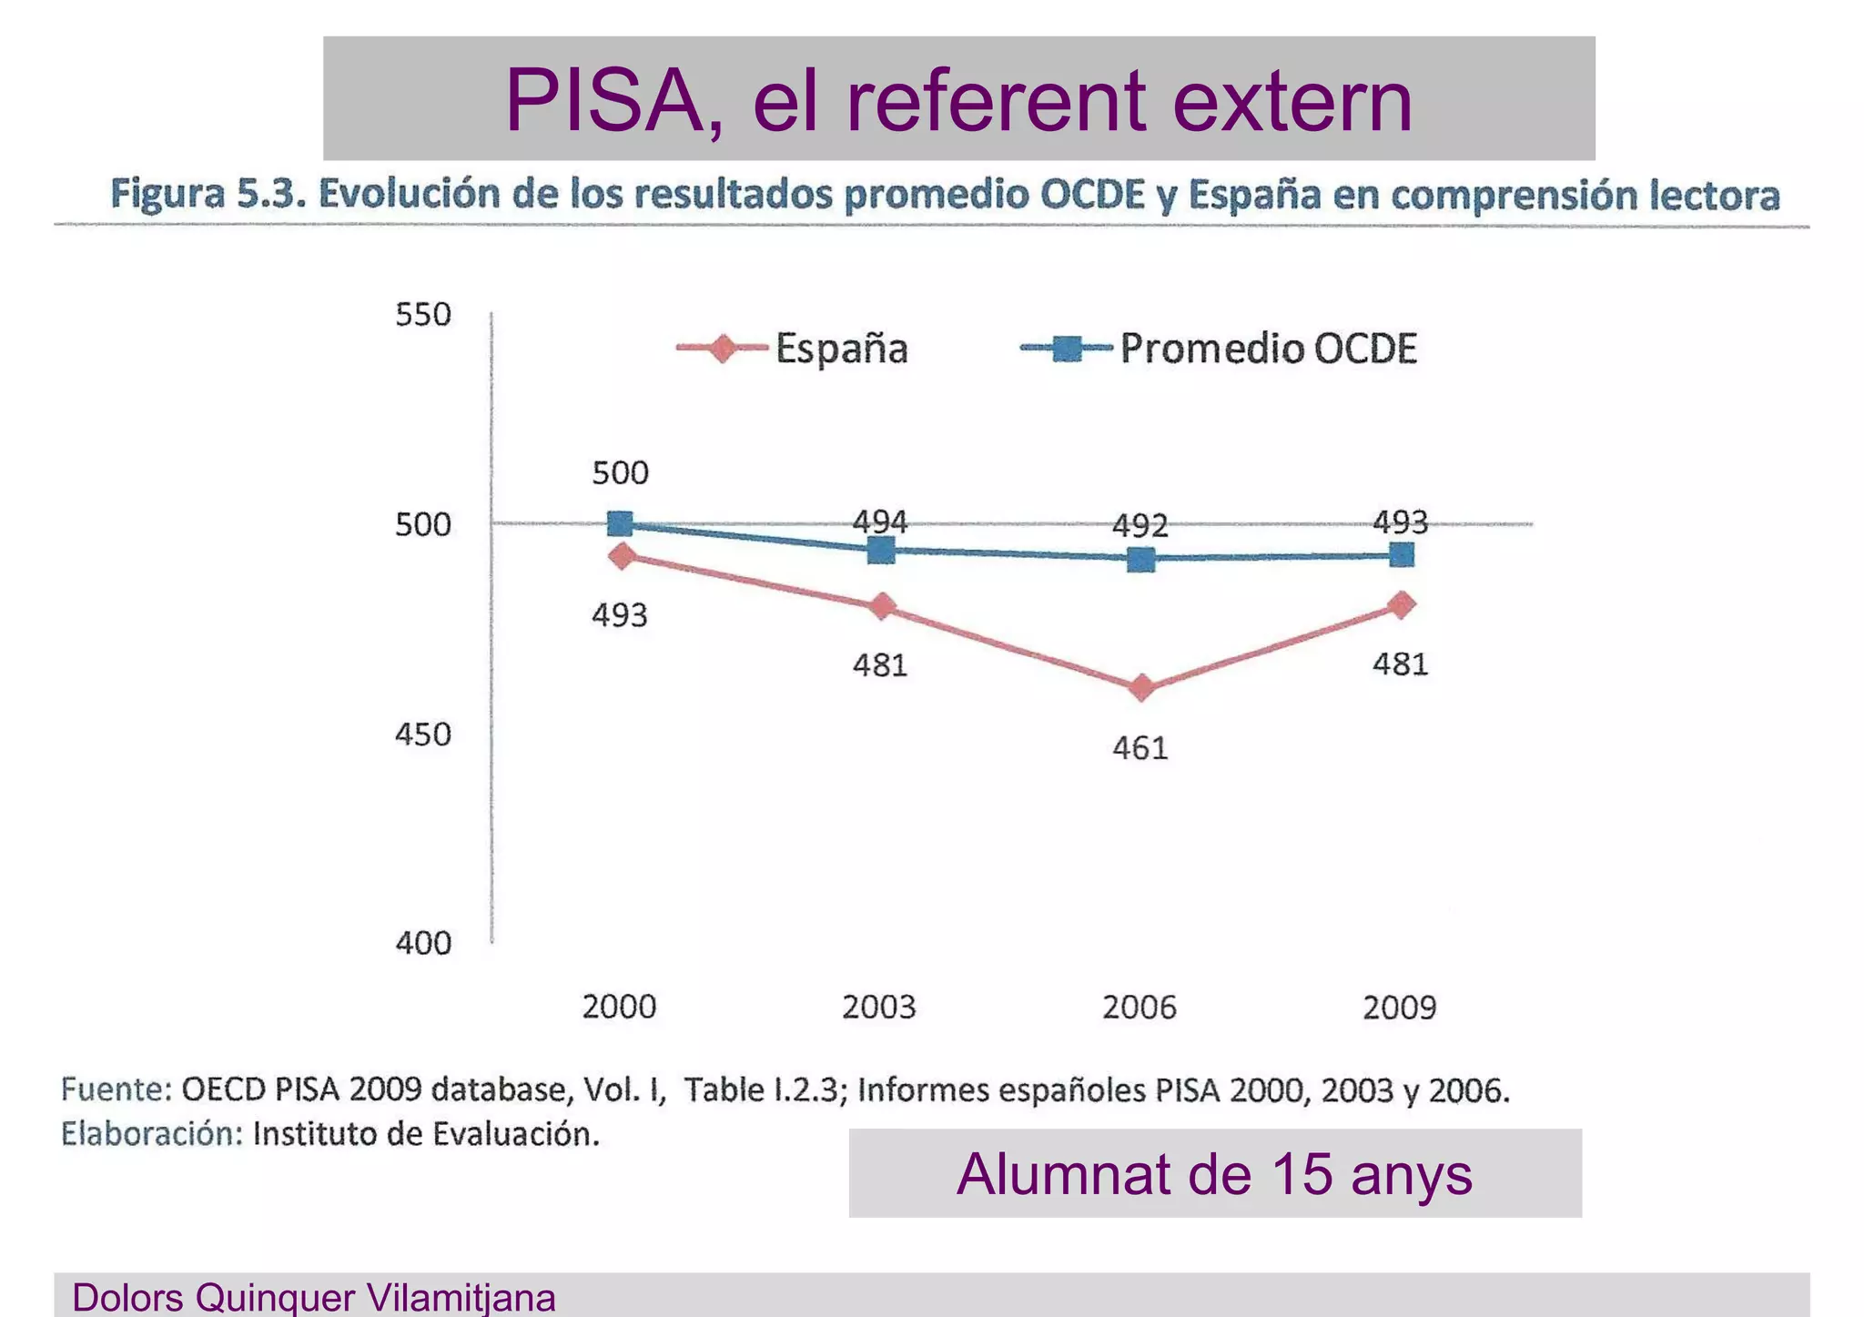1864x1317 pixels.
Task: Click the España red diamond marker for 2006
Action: (x=1141, y=688)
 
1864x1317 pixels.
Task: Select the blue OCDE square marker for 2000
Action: (x=620, y=524)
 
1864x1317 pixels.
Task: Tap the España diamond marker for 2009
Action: (x=1402, y=604)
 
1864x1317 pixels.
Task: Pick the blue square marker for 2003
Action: (x=881, y=550)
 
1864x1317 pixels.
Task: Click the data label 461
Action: (x=1140, y=748)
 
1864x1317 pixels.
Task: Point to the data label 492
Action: (x=1140, y=526)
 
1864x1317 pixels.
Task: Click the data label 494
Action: (x=879, y=522)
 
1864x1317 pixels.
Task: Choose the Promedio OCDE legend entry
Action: (x=1220, y=349)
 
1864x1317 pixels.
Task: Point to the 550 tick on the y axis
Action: (x=423, y=315)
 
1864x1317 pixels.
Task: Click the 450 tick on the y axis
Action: (x=423, y=734)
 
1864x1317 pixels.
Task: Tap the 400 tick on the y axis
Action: (x=423, y=943)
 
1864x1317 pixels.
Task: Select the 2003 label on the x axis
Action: (x=878, y=1008)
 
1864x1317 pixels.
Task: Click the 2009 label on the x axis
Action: (x=1399, y=1008)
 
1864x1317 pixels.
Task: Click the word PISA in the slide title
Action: (x=605, y=100)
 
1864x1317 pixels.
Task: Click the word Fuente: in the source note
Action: (x=116, y=1089)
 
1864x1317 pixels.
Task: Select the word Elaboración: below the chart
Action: (x=152, y=1134)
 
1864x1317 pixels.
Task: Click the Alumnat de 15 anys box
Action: (x=1214, y=1173)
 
